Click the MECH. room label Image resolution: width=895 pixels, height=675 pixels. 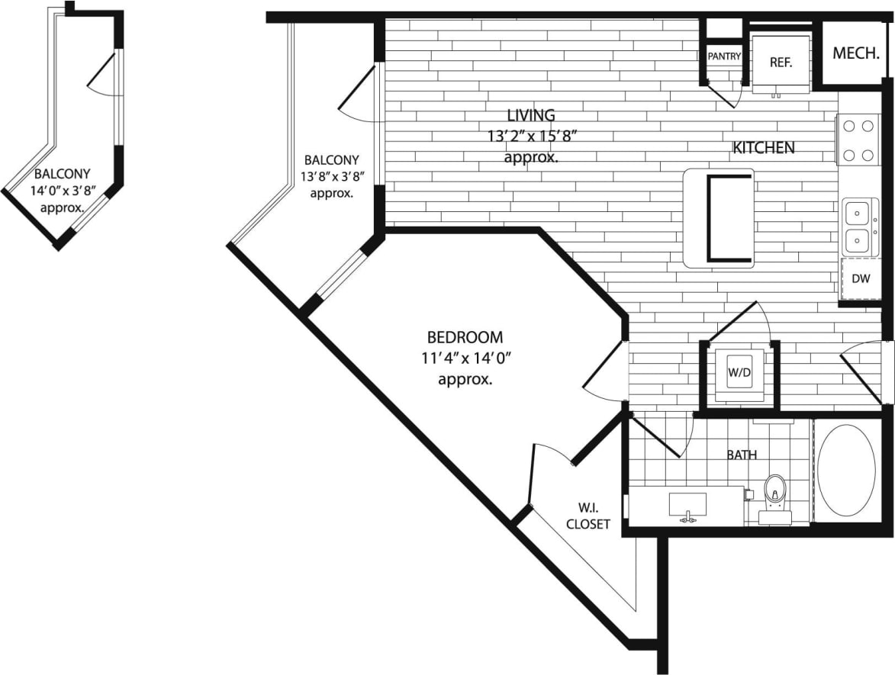856,53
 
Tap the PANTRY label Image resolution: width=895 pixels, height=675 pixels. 723,56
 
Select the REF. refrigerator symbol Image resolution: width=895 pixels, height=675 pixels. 780,63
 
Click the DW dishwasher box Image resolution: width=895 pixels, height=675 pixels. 861,279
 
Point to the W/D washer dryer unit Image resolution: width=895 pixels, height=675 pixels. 738,373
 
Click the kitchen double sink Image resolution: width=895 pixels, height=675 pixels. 859,227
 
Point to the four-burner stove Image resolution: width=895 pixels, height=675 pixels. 859,140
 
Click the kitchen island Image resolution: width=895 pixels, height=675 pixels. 719,218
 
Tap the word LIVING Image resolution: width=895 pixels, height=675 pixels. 532,116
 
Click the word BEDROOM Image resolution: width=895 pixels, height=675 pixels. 465,337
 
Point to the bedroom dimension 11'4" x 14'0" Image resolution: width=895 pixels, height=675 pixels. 465,358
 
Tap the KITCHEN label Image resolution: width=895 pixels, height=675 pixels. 764,148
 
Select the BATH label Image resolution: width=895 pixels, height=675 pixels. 742,455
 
